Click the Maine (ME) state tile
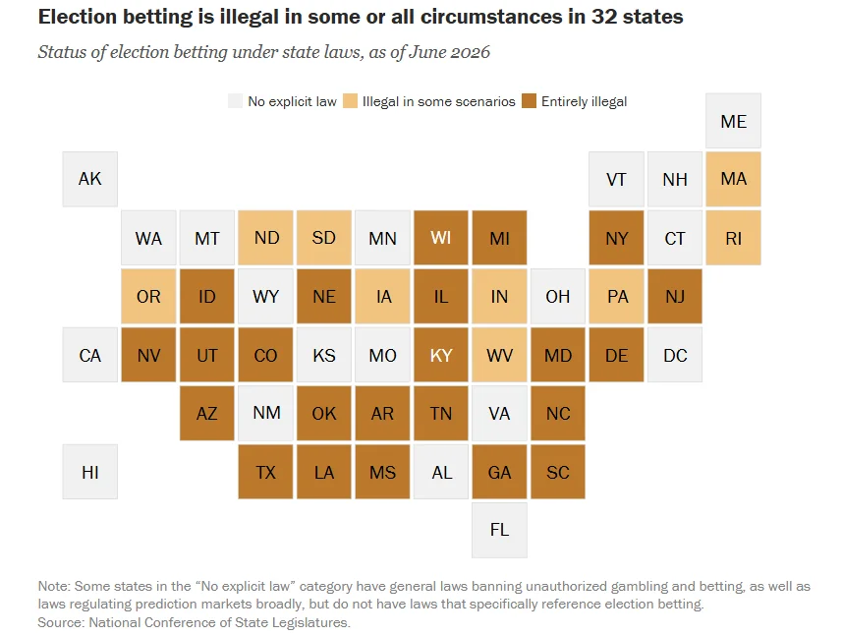[x=733, y=121]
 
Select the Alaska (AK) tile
[x=89, y=179]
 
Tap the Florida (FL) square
[x=499, y=530]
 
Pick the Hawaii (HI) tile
[x=89, y=472]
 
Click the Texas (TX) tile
[x=265, y=472]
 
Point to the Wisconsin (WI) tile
[x=441, y=238]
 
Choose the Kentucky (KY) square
[x=441, y=355]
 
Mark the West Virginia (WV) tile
[x=499, y=355]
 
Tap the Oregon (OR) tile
[x=148, y=296]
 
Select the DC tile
[x=675, y=355]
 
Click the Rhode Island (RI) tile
[x=733, y=238]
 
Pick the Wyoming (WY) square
[x=265, y=296]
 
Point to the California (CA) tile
[x=89, y=355]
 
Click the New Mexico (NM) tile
[x=265, y=413]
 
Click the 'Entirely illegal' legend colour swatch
[x=529, y=101]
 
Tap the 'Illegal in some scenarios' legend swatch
[x=350, y=101]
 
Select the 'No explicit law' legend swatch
[x=235, y=101]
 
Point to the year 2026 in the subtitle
[x=470, y=52]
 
